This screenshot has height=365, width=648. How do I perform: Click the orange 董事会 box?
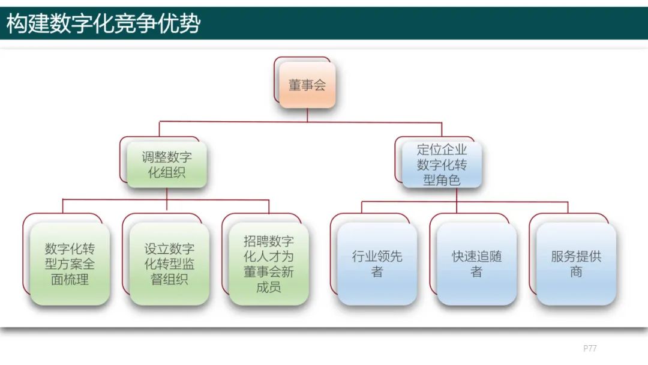(x=307, y=85)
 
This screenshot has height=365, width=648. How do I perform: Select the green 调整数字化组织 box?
(x=167, y=165)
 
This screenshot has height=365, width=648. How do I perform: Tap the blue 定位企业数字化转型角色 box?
(x=442, y=164)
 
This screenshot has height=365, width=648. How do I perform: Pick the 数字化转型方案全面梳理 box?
(x=70, y=264)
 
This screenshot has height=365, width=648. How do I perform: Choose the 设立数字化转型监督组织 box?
(x=169, y=264)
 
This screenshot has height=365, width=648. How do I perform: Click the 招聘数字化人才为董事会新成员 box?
(x=269, y=264)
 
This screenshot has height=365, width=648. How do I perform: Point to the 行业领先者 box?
(x=377, y=264)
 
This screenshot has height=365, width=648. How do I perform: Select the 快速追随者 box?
(x=476, y=264)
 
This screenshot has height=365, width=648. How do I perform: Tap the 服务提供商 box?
(x=576, y=264)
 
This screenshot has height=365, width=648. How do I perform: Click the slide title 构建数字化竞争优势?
(x=103, y=24)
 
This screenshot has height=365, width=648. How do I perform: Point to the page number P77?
(x=590, y=348)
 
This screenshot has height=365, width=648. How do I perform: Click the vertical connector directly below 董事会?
(x=307, y=115)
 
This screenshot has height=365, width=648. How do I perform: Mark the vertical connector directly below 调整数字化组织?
(x=167, y=193)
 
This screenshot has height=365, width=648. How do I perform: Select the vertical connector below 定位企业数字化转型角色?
(x=457, y=195)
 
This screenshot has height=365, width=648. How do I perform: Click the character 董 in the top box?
(x=295, y=85)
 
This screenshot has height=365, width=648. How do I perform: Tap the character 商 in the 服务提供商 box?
(x=576, y=272)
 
